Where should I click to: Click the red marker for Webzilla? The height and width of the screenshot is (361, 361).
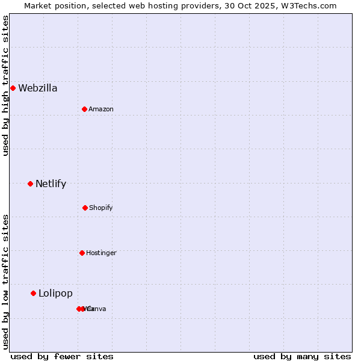point(13,88)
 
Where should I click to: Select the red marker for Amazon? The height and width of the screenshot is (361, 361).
point(85,109)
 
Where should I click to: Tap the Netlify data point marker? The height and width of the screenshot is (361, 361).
point(30,184)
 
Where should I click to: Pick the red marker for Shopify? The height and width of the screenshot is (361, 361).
point(85,208)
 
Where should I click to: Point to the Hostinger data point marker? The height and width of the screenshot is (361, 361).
point(82,253)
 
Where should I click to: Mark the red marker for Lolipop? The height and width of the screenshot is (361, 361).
point(33,293)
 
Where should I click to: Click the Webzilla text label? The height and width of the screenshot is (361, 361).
point(38,88)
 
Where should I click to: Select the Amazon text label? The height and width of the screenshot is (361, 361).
point(101,110)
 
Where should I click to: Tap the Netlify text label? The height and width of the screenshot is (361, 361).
point(51,184)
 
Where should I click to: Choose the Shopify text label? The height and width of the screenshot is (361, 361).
point(101,208)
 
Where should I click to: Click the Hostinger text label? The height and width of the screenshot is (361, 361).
point(101,253)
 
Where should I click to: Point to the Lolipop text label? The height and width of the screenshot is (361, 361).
point(55,294)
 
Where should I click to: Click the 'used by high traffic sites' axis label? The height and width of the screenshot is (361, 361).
point(5,85)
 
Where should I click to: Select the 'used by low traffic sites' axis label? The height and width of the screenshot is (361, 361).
point(5,282)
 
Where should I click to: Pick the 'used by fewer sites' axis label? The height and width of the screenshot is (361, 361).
point(62,356)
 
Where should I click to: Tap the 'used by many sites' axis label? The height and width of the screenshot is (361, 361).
point(302,356)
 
